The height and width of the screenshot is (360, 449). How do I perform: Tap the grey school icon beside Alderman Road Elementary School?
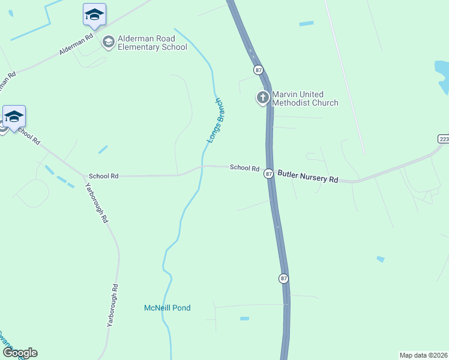[109, 41]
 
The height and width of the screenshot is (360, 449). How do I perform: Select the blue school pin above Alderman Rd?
[94, 14]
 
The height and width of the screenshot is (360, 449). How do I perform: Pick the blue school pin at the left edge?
[13, 116]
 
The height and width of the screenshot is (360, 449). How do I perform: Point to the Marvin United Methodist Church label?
[306, 98]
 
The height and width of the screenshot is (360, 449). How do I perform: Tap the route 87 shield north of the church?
[258, 70]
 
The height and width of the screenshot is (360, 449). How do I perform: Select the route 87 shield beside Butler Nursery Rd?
[269, 173]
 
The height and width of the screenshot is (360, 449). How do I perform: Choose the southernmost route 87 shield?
[283, 278]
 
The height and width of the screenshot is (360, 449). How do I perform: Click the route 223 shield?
[443, 139]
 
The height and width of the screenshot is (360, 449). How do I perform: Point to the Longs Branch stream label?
[215, 120]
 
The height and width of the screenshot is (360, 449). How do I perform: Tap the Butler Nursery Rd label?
[308, 179]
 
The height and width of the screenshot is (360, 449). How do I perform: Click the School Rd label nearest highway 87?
[244, 168]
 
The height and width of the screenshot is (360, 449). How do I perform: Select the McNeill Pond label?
[167, 308]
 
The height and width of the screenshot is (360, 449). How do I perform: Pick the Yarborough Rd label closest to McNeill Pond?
[110, 305]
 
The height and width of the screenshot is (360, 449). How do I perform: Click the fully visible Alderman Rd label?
[76, 45]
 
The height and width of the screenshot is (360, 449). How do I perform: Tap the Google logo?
[20, 352]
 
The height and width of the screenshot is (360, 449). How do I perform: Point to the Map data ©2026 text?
[423, 355]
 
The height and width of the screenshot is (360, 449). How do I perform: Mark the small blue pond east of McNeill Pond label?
[244, 318]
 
